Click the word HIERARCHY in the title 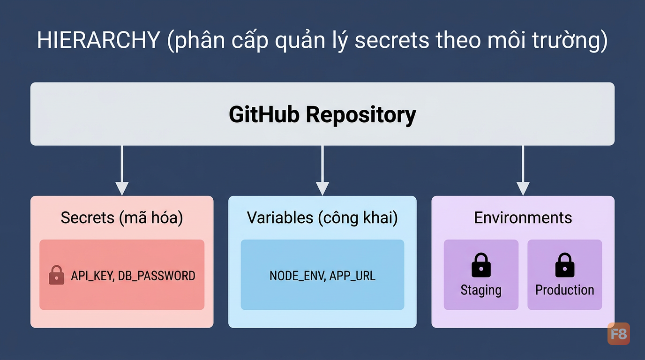[x=98, y=40]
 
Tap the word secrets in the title [x=392, y=40]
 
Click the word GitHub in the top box [x=264, y=114]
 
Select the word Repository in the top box [x=361, y=116]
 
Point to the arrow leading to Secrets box [x=122, y=170]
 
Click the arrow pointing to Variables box [x=322, y=170]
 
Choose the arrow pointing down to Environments [x=523, y=170]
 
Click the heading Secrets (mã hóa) [x=122, y=217]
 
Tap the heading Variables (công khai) [x=322, y=217]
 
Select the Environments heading [x=523, y=217]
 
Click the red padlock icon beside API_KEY [x=56, y=275]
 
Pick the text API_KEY [x=92, y=276]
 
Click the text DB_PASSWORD [x=157, y=276]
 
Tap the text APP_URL [x=352, y=276]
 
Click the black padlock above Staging [x=481, y=265]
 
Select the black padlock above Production [x=565, y=265]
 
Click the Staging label [x=481, y=290]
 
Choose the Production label [x=565, y=290]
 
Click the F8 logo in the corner [x=618, y=334]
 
